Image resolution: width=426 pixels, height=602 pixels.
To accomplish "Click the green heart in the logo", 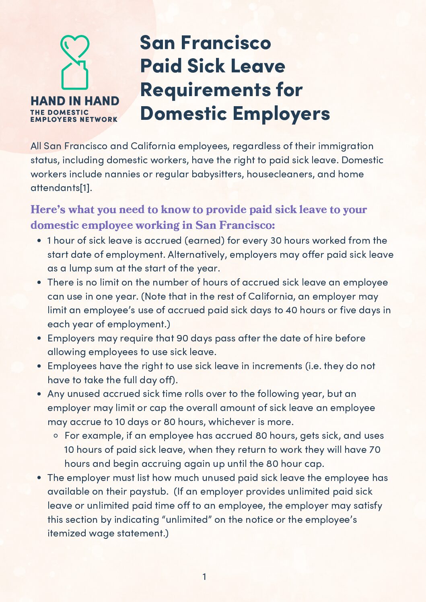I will (x=75, y=45).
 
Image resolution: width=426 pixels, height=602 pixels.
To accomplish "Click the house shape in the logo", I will (x=75, y=76).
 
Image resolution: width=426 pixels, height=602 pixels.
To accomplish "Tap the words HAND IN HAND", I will (x=75, y=101).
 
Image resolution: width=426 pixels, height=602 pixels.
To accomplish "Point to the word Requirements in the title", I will (x=205, y=90).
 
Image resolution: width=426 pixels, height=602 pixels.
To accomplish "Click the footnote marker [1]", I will (x=85, y=188).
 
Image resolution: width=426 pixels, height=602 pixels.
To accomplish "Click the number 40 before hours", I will (x=291, y=310).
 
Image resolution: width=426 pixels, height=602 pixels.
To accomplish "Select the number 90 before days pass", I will (x=182, y=338).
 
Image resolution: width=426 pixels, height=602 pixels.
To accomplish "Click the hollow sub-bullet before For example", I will (x=56, y=436).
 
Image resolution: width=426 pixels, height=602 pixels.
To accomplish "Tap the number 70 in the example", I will (x=375, y=450).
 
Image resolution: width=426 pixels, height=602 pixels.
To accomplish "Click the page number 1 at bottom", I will (x=204, y=577).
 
